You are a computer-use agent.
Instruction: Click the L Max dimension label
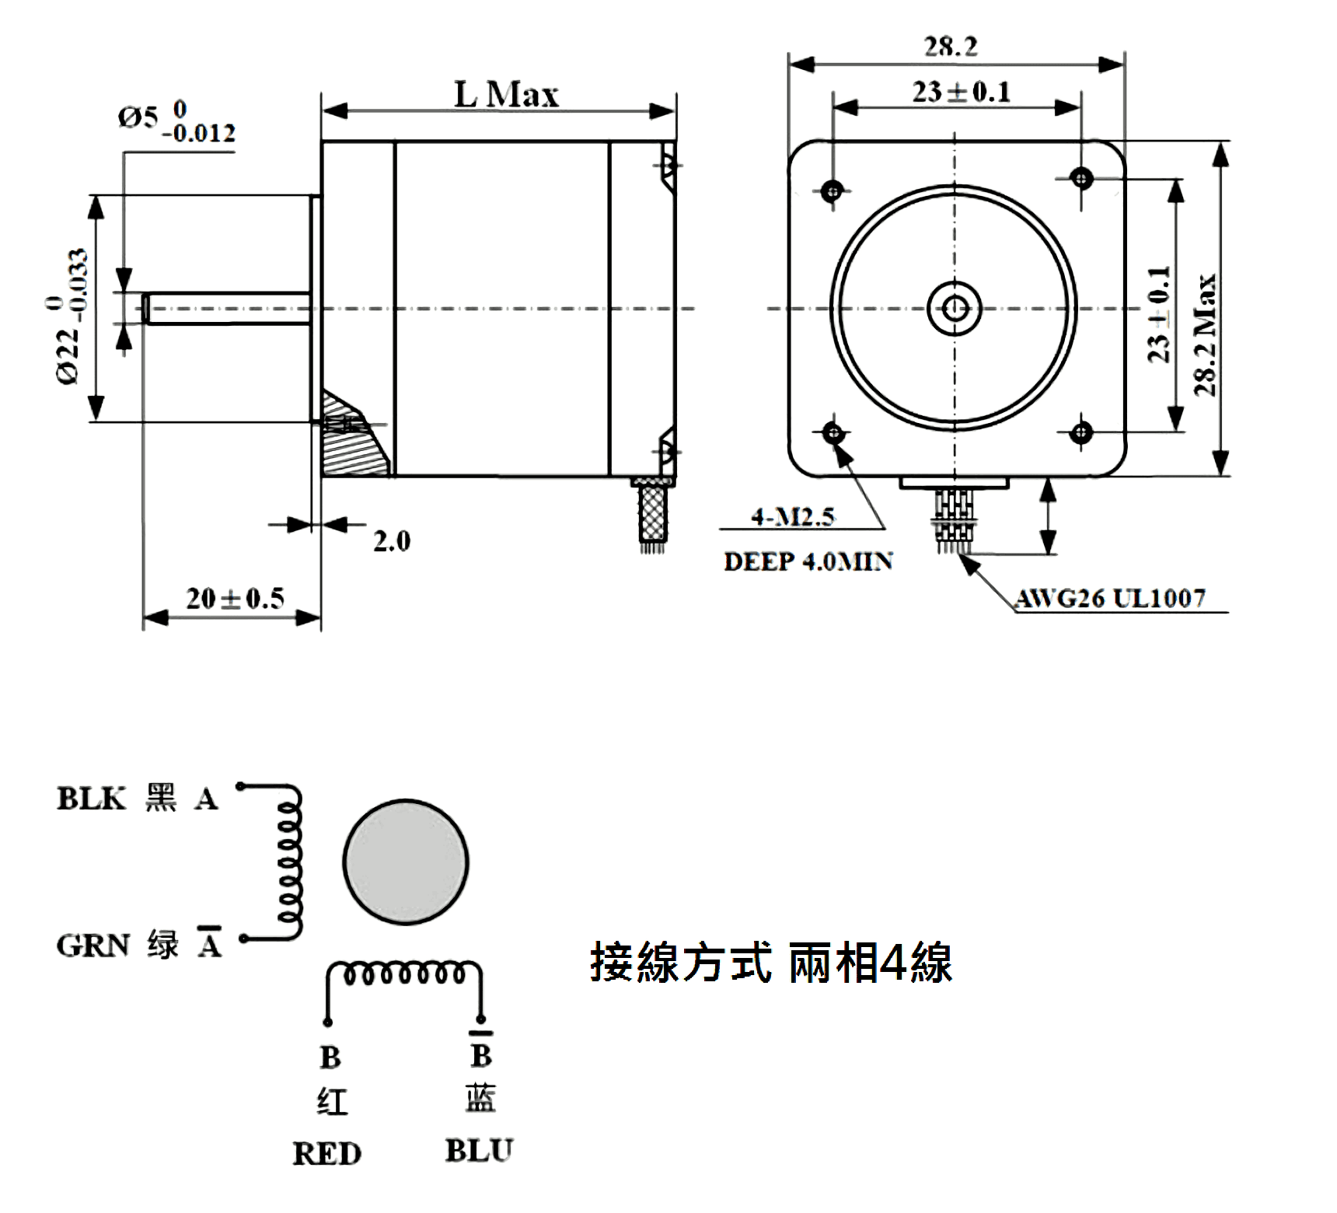[506, 95]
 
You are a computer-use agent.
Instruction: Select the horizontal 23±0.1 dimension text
[962, 92]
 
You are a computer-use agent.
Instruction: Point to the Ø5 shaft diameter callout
[176, 122]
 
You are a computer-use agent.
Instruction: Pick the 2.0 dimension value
[391, 540]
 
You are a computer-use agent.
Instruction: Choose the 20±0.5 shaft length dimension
[235, 598]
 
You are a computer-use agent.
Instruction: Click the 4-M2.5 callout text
[792, 516]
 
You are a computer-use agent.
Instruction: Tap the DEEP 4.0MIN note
[808, 561]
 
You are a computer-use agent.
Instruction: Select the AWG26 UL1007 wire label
[1110, 598]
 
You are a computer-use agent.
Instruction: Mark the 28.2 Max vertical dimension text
[1205, 334]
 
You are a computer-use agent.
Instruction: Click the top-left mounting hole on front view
[833, 189]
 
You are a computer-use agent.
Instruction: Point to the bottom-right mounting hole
[1081, 432]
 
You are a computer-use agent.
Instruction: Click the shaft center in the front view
[955, 309]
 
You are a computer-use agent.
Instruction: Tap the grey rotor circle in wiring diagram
[405, 862]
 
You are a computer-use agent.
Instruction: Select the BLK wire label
[91, 799]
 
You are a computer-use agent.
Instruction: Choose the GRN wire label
[93, 946]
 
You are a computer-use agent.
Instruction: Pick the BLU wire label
[479, 1151]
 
